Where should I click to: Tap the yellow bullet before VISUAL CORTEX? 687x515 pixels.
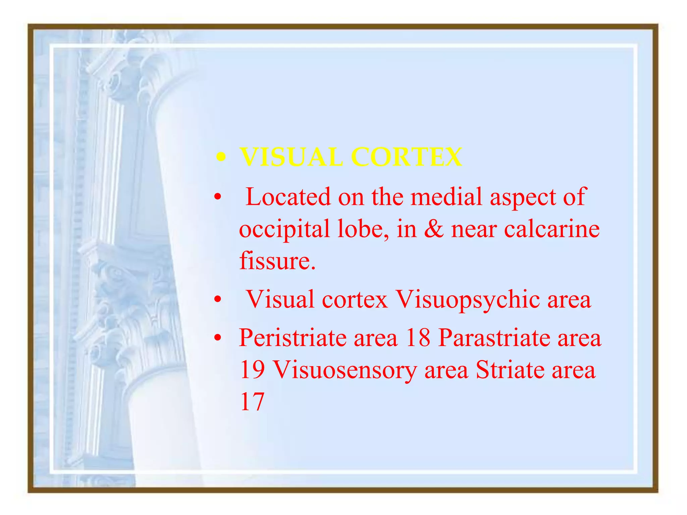[x=220, y=157]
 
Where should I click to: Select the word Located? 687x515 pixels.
[x=288, y=197]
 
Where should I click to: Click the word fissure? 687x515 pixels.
[x=277, y=261]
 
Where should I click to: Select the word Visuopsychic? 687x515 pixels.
[x=468, y=300]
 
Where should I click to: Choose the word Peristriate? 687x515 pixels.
[x=292, y=338]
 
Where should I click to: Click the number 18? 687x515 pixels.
[x=418, y=338]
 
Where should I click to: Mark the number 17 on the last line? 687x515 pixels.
[x=252, y=402]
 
